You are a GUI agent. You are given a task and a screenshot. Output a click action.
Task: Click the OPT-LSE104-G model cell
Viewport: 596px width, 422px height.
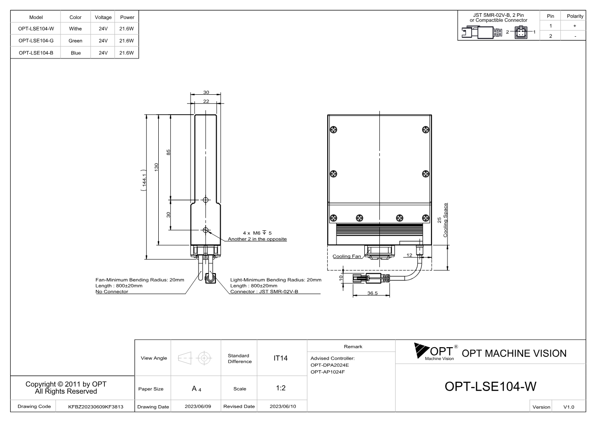pyautogui.click(x=36, y=41)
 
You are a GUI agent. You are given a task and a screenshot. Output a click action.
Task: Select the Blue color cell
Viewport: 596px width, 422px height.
pyautogui.click(x=76, y=53)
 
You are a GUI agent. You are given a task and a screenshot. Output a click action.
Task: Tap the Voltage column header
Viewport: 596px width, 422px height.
pyautogui.click(x=103, y=17)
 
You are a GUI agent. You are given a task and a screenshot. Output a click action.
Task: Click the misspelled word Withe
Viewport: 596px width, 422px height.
pyautogui.click(x=75, y=29)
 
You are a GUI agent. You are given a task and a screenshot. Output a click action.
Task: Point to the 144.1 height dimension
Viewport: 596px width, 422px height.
pyautogui.click(x=144, y=180)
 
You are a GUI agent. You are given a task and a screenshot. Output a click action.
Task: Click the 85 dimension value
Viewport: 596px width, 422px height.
pyautogui.click(x=168, y=152)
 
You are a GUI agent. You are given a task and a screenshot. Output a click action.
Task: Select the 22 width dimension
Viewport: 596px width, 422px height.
pyautogui.click(x=206, y=101)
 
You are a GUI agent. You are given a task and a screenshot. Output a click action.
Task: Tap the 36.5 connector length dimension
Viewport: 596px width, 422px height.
pyautogui.click(x=372, y=293)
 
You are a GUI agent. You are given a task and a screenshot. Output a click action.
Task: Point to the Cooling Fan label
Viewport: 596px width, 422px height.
pyautogui.click(x=347, y=256)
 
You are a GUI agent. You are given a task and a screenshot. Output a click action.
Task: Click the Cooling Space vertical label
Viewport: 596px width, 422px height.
pyautogui.click(x=445, y=220)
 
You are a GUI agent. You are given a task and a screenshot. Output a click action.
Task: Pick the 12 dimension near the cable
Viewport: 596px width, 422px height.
pyautogui.click(x=409, y=255)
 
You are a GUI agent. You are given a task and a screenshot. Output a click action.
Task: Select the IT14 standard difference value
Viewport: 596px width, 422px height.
pyautogui.click(x=280, y=358)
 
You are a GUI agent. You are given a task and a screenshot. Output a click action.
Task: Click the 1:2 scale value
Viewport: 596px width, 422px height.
pyautogui.click(x=281, y=388)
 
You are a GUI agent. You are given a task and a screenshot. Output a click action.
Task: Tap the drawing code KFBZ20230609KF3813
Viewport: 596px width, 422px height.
pyautogui.click(x=96, y=407)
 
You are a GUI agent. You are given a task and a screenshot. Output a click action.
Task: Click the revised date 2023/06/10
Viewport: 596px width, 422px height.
pyautogui.click(x=283, y=407)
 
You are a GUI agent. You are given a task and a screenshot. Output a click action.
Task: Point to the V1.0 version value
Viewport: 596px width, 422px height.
pyautogui.click(x=569, y=407)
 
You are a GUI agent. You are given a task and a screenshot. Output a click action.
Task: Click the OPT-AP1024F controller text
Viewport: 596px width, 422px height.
pyautogui.click(x=328, y=372)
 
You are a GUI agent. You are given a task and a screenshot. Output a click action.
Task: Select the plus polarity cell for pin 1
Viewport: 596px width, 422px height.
pyautogui.click(x=575, y=26)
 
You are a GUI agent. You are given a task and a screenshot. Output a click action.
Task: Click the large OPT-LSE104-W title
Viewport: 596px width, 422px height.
pyautogui.click(x=490, y=387)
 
